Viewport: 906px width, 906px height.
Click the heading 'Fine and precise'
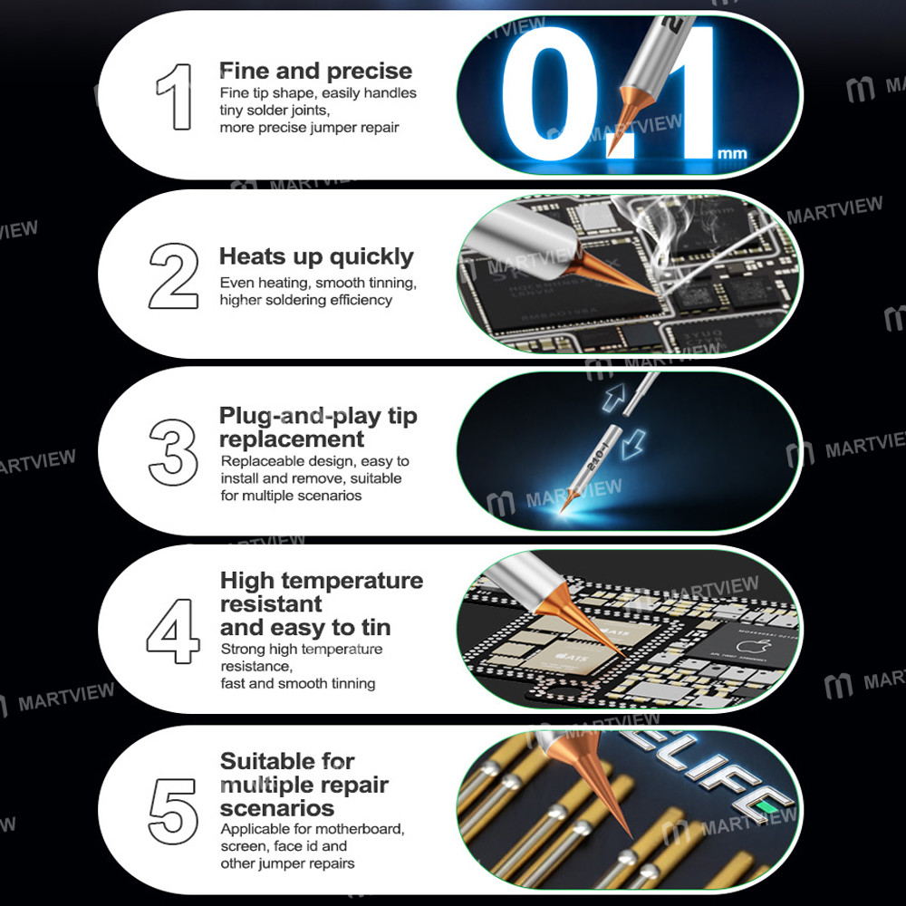point(315,72)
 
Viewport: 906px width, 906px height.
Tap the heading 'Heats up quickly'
point(316,257)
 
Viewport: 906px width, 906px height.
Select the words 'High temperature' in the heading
point(322,580)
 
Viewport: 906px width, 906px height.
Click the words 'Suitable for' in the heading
point(287,761)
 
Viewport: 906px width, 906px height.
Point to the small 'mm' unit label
point(732,154)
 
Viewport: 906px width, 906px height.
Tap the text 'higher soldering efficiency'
point(306,300)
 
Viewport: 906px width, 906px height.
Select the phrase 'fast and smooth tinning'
point(298,683)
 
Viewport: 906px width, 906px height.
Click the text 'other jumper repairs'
point(286,863)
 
